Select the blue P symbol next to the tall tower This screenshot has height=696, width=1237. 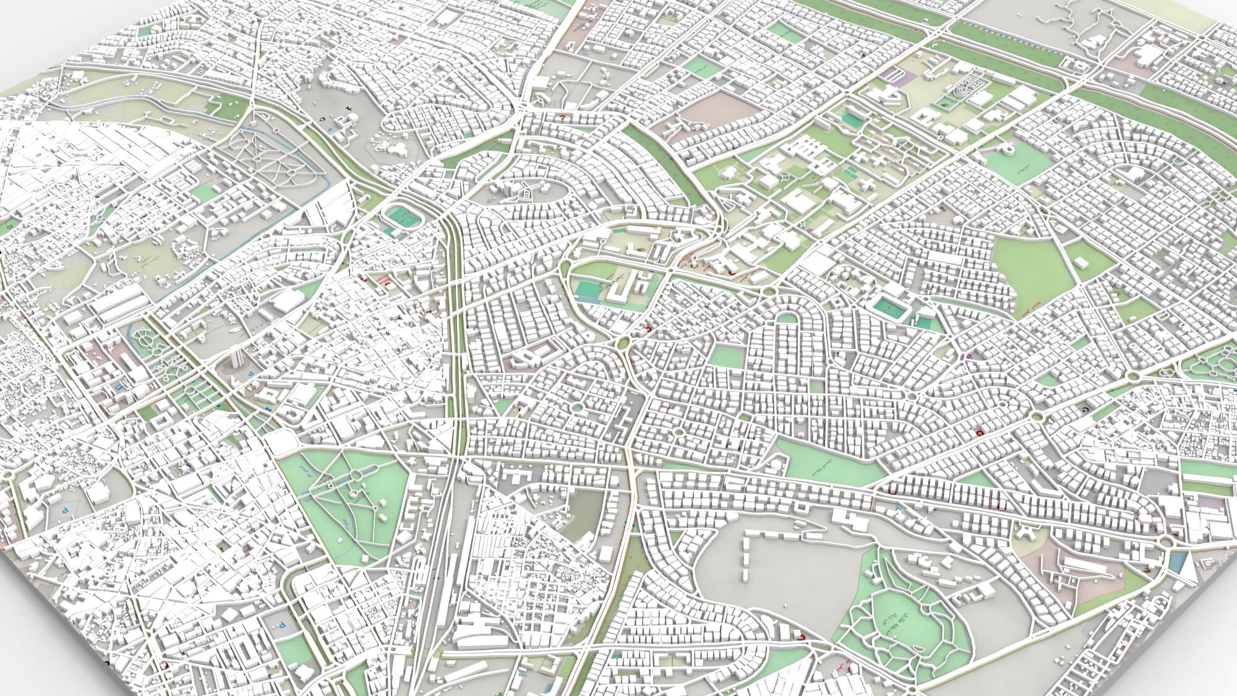(250, 374)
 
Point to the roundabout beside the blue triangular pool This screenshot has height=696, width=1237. (1166, 543)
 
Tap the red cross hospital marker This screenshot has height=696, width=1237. (979, 433)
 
